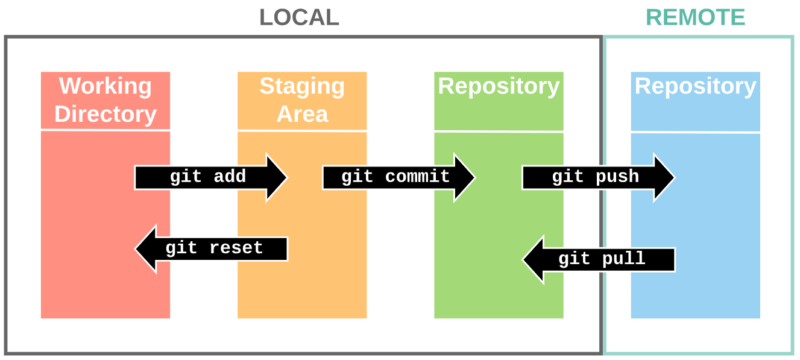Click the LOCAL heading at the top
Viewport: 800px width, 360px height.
click(x=299, y=17)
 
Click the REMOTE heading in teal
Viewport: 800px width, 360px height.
click(x=696, y=17)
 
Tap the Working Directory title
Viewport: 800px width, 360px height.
click(x=106, y=99)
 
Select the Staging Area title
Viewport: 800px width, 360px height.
click(x=302, y=99)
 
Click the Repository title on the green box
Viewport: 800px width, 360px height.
click(x=499, y=86)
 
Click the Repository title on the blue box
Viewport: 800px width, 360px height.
click(x=695, y=86)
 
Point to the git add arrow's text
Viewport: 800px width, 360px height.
click(x=207, y=177)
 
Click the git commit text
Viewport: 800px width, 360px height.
click(x=395, y=177)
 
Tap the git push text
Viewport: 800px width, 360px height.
click(x=595, y=177)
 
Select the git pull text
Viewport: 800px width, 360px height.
click(x=602, y=259)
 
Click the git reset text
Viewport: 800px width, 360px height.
click(x=214, y=248)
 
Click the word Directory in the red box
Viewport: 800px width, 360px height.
click(x=106, y=114)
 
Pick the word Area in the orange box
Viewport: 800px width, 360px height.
click(x=302, y=114)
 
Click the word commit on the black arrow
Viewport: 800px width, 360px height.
click(x=417, y=177)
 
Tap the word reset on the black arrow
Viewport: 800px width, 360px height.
click(x=236, y=248)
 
